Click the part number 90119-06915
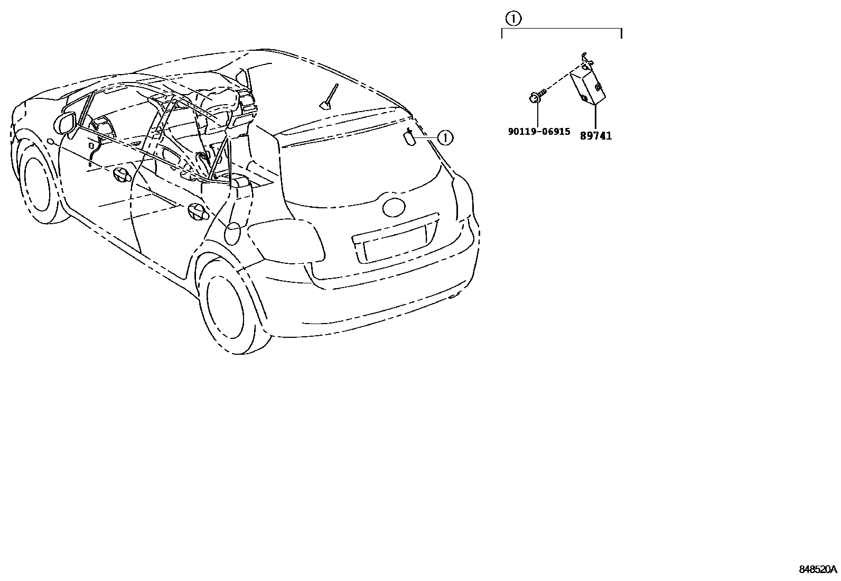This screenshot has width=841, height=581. tap(539, 132)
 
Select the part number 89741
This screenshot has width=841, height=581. tap(595, 136)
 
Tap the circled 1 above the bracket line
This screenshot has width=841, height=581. tap(513, 19)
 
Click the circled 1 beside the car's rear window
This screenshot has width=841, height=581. tap(445, 138)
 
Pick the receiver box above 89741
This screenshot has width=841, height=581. tap(587, 84)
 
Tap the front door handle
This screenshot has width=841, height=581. tap(121, 176)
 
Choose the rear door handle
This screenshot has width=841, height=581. tap(196, 210)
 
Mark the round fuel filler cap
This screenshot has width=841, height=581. tap(233, 233)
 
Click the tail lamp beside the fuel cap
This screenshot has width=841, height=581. tap(288, 241)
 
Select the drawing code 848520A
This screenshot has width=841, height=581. tap(817, 569)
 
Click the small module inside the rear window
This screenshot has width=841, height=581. tap(410, 137)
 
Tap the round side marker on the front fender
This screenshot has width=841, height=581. tap(49, 141)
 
